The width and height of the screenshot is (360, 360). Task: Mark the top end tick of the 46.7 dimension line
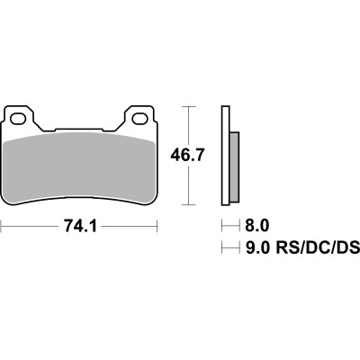pyautogui.click(x=187, y=106)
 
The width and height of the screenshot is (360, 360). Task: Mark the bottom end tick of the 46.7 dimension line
pyautogui.click(x=187, y=203)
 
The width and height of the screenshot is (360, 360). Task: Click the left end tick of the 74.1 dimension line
pyautogui.click(x=2, y=225)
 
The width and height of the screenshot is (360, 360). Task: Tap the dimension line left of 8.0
pyautogui.click(x=225, y=225)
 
